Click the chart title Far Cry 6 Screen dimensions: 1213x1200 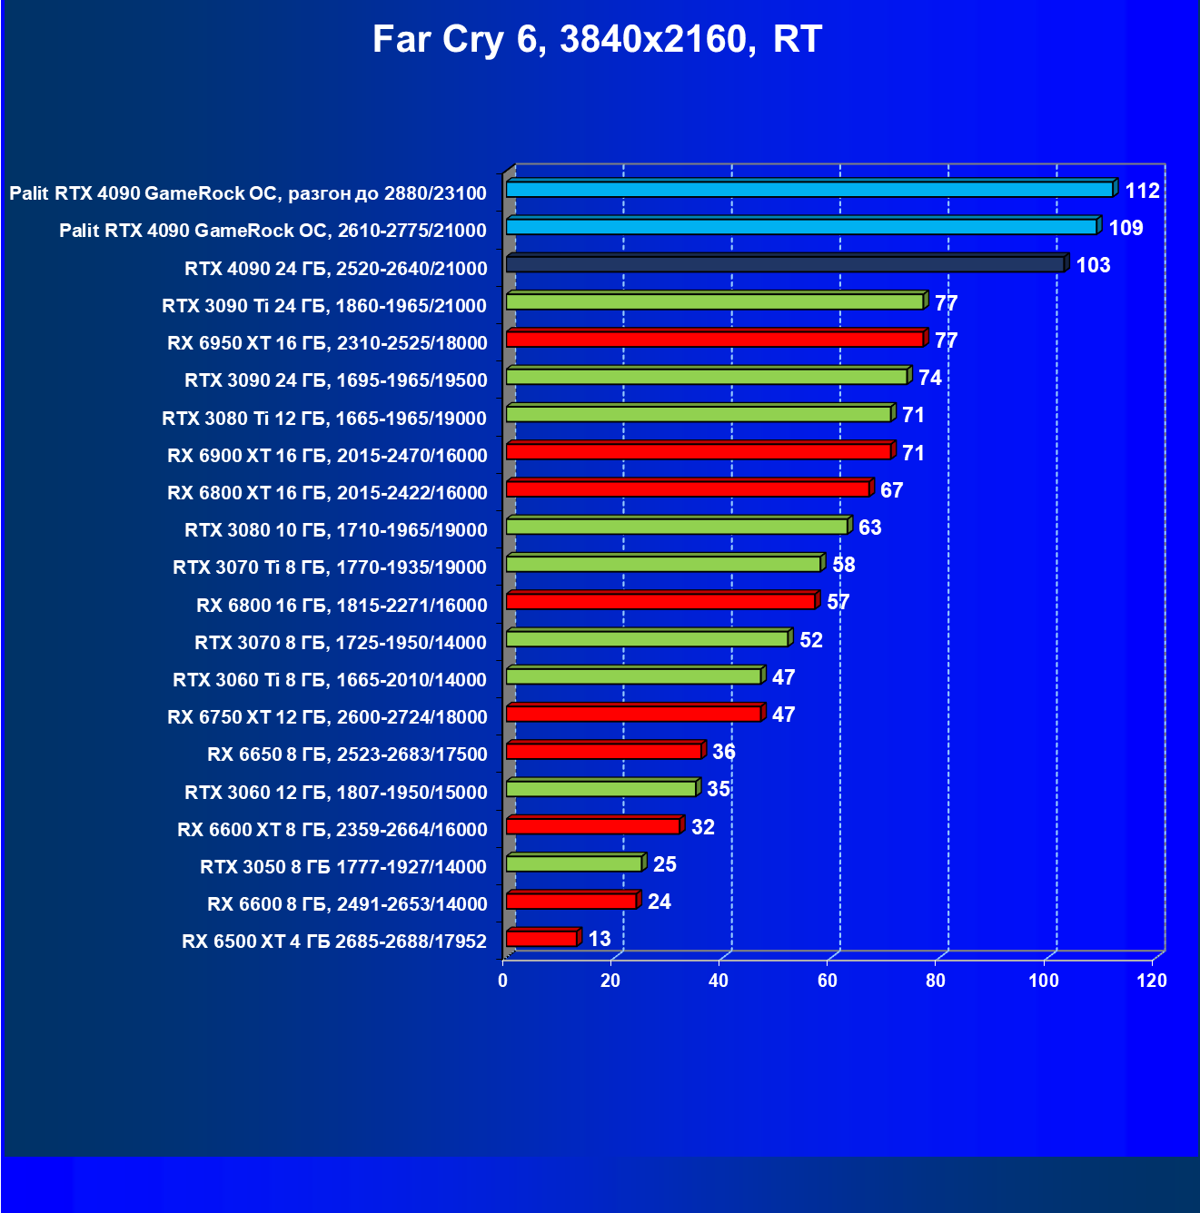click(597, 40)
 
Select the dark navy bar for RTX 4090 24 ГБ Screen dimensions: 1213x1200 click(785, 264)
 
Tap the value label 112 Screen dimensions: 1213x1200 click(1142, 191)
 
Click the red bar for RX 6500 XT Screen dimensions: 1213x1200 click(541, 939)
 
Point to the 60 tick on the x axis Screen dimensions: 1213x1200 click(827, 981)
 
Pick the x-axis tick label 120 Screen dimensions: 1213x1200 click(1151, 981)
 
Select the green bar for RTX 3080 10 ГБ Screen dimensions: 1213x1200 click(677, 527)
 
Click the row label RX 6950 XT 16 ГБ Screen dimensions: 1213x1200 click(327, 343)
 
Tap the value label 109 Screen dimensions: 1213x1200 click(1126, 228)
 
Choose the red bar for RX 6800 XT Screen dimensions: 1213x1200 click(688, 489)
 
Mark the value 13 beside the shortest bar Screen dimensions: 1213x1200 click(600, 939)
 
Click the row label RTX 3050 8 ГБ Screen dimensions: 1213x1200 click(343, 867)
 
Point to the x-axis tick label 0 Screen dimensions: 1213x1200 click(502, 981)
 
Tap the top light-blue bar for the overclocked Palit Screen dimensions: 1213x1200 click(809, 190)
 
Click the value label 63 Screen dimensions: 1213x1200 click(869, 528)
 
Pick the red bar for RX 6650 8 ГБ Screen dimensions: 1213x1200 click(603, 751)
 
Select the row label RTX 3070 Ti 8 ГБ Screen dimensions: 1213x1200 click(330, 567)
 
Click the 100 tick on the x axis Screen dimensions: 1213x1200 click(1043, 981)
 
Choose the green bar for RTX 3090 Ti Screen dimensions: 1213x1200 click(715, 301)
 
